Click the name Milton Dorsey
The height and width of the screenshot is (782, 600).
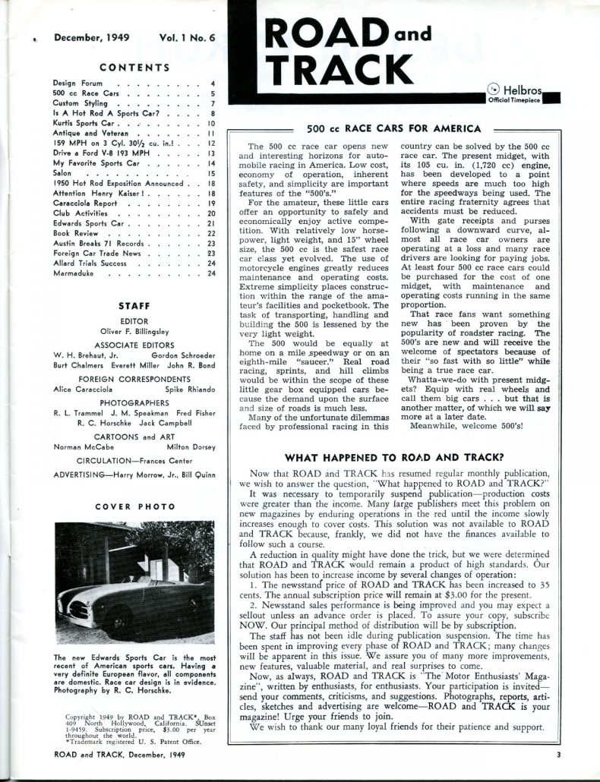(187, 447)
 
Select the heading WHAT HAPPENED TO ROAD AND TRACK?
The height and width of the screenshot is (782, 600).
(393, 458)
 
